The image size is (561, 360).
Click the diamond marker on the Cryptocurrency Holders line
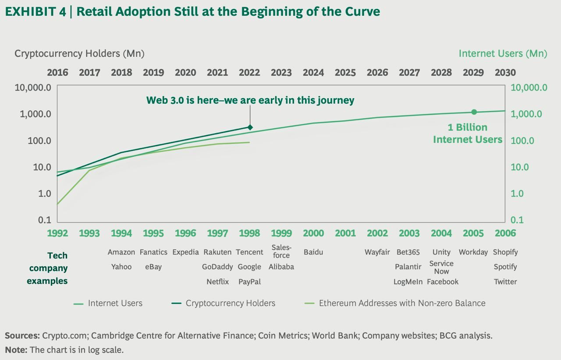coord(250,127)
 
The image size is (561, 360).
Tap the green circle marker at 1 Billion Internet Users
coord(474,112)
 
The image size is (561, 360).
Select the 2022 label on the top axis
coord(249,72)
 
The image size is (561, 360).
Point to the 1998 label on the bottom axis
coord(249,233)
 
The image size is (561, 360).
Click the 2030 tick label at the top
coord(505,72)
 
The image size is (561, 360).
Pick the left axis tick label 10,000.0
coord(33,88)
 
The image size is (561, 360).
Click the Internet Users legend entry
coord(115,303)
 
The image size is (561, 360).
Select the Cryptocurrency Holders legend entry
coord(230,303)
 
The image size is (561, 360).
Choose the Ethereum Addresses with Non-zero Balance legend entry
coord(402,303)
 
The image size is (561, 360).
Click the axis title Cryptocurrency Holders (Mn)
coord(79,53)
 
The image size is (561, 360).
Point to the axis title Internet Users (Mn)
coord(503,53)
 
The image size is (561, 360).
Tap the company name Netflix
coord(218,282)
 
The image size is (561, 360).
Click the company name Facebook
coord(443,282)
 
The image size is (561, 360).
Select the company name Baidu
coord(313,252)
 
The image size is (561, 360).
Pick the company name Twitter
coord(505,282)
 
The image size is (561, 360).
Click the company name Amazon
coord(121,252)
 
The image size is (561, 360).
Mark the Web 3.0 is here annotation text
coord(250,100)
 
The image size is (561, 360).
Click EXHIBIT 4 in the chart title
coord(36,12)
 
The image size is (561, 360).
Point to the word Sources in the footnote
coord(22,336)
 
